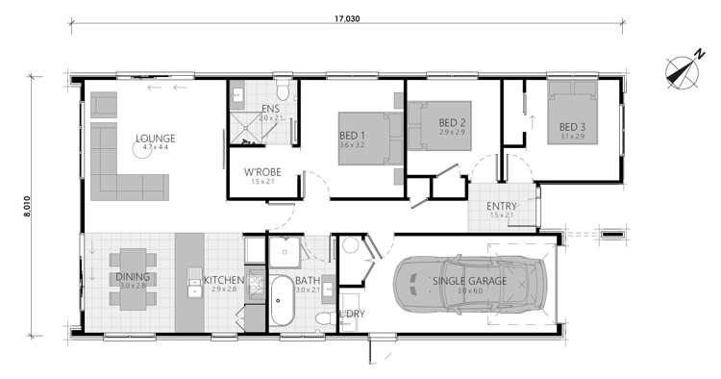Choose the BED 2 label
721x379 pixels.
[452, 122]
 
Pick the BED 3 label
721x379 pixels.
[573, 127]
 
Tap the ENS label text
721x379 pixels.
[270, 110]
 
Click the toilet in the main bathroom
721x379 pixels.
[324, 318]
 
